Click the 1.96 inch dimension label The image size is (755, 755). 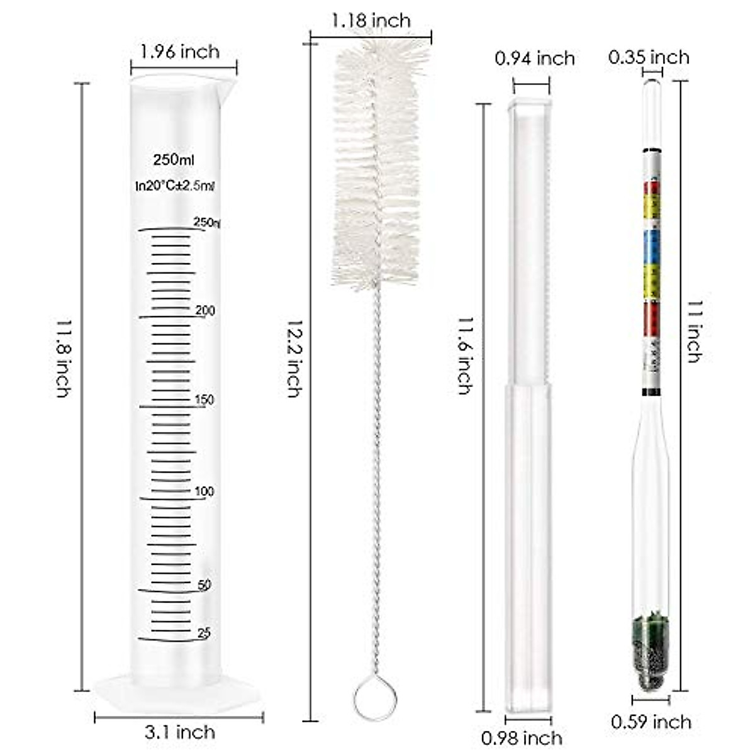coord(180,51)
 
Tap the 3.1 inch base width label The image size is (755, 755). coord(179,732)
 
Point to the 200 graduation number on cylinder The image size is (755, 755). coord(204,311)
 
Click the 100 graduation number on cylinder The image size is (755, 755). coord(204,491)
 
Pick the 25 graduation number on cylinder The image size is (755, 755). coord(204,633)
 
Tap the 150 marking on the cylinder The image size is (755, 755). coord(204,400)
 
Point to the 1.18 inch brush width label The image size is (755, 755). coord(372,21)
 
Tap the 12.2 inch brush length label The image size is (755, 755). coord(293,359)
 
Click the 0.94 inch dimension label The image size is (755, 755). coord(535,59)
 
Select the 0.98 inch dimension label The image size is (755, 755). coord(522,737)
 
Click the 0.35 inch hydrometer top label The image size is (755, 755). coord(649,57)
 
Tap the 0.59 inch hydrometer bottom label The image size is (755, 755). coord(651,722)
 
